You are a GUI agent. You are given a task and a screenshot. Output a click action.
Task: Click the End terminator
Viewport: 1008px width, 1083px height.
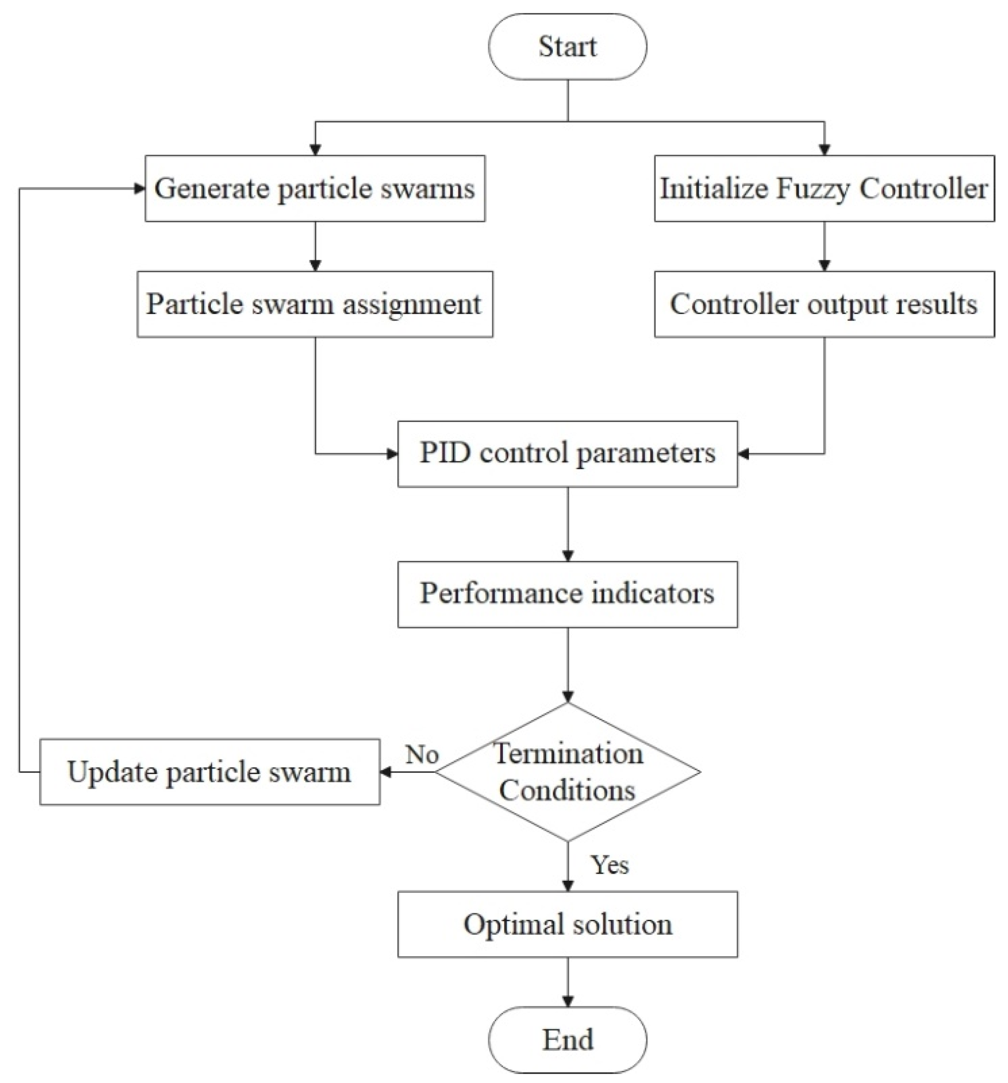[567, 1039]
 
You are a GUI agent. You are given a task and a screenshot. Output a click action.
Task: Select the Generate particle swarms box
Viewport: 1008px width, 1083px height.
[314, 188]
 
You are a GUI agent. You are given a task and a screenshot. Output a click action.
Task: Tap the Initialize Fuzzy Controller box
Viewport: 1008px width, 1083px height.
[823, 188]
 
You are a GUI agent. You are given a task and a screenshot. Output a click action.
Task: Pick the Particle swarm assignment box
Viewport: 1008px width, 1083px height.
[314, 304]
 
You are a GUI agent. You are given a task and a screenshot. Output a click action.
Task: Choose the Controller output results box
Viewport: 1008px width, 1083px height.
[823, 304]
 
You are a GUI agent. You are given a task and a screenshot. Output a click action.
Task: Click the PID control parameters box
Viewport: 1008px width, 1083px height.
[567, 453]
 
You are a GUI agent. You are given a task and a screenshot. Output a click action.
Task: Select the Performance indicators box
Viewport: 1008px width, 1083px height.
[567, 594]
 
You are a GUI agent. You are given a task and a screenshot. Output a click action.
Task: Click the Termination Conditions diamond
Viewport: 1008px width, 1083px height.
[567, 772]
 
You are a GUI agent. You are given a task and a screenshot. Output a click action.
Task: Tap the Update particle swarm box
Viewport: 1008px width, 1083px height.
[209, 772]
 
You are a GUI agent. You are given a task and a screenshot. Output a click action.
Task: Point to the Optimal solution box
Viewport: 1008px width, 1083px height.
[567, 924]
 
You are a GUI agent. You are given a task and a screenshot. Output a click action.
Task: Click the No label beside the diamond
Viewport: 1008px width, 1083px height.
[422, 755]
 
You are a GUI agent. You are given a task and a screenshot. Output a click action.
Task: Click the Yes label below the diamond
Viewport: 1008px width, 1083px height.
[609, 865]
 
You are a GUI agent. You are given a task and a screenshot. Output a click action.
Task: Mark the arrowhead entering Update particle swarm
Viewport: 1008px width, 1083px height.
[385, 772]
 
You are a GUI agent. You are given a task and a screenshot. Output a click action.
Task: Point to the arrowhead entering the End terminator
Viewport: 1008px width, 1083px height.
[568, 1001]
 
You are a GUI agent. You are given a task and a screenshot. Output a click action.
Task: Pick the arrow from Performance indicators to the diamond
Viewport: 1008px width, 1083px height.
[568, 664]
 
